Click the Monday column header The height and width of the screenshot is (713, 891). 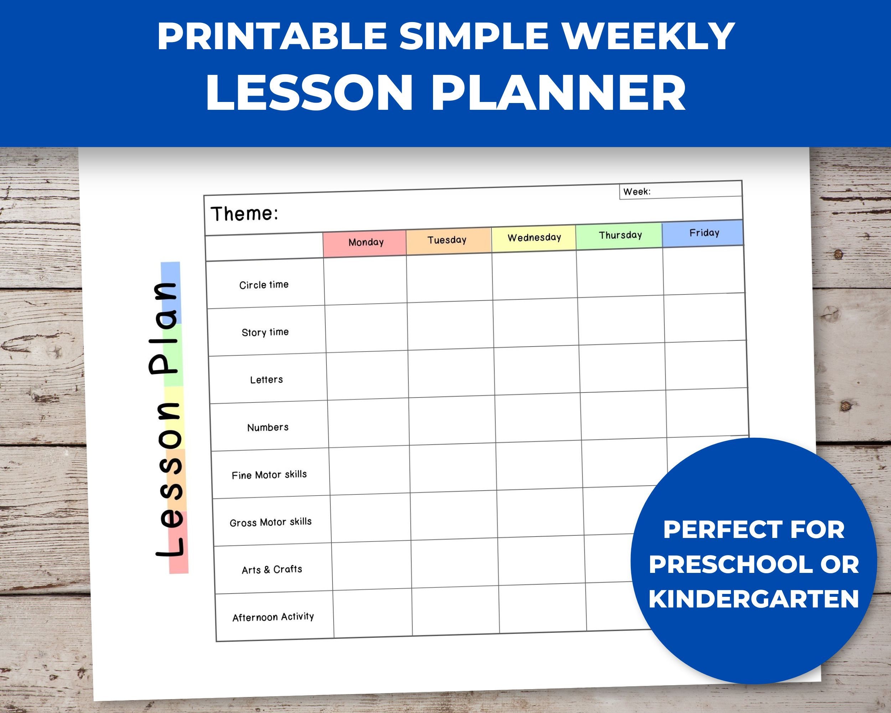click(366, 242)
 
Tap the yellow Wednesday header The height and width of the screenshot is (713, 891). click(534, 238)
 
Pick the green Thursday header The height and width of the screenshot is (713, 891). click(620, 235)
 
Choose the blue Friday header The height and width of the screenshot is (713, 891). click(704, 233)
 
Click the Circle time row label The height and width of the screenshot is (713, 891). click(264, 285)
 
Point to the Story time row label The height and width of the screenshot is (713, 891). click(265, 332)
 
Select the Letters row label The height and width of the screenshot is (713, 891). click(266, 379)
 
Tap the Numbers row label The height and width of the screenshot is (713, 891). click(268, 427)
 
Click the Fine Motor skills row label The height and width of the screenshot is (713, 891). click(269, 475)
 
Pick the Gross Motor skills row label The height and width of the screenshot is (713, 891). click(270, 522)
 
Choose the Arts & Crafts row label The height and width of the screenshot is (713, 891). click(272, 570)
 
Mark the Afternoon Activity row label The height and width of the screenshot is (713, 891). click(273, 617)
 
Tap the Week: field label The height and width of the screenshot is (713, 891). click(637, 192)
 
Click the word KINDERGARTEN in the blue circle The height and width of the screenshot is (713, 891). click(754, 599)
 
